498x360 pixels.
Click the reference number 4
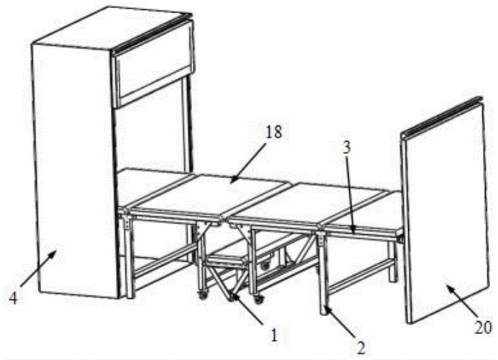[x=13, y=298]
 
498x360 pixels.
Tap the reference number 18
[x=273, y=131]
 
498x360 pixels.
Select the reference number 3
[x=346, y=148]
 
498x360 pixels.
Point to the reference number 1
[x=274, y=335]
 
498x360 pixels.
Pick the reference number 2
[x=361, y=348]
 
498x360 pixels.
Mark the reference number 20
[x=483, y=328]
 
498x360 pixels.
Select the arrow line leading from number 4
[x=38, y=266]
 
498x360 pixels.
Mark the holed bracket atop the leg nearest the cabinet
[x=127, y=221]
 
